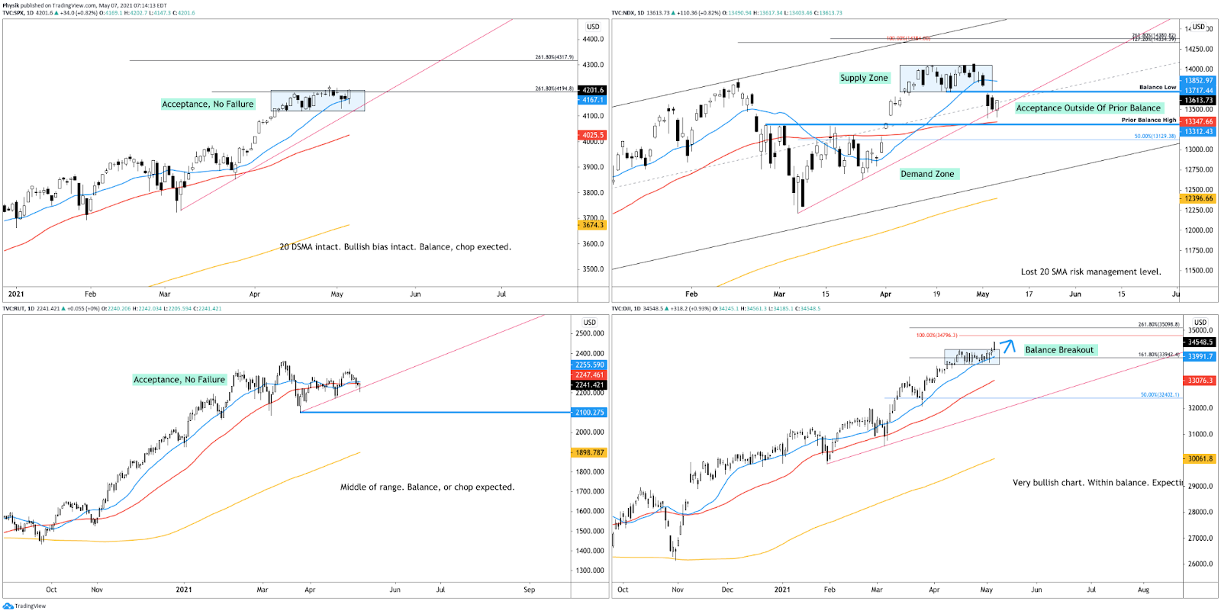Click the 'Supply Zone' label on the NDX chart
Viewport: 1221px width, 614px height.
864,78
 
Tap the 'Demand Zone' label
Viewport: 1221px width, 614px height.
927,174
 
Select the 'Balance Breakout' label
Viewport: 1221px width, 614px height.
1059,350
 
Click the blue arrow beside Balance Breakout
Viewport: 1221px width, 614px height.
1007,346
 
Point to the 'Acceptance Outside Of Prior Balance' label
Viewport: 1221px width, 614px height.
1087,108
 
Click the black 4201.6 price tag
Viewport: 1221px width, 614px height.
593,90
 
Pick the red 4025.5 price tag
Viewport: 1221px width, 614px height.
593,135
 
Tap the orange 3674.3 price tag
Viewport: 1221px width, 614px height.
593,225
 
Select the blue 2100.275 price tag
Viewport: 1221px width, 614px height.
589,413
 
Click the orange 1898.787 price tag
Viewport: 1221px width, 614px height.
589,452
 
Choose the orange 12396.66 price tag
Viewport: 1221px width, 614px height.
1198,198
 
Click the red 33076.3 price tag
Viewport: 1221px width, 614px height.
1200,381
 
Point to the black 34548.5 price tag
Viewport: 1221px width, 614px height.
1200,342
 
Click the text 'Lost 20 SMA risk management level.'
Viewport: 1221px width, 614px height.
1091,272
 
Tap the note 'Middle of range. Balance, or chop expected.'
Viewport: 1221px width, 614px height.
427,487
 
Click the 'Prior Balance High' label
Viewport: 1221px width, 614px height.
1149,120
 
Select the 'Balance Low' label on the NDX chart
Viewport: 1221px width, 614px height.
1158,87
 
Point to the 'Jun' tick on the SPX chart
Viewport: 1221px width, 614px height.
415,294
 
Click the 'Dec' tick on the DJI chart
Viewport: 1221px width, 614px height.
727,590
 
